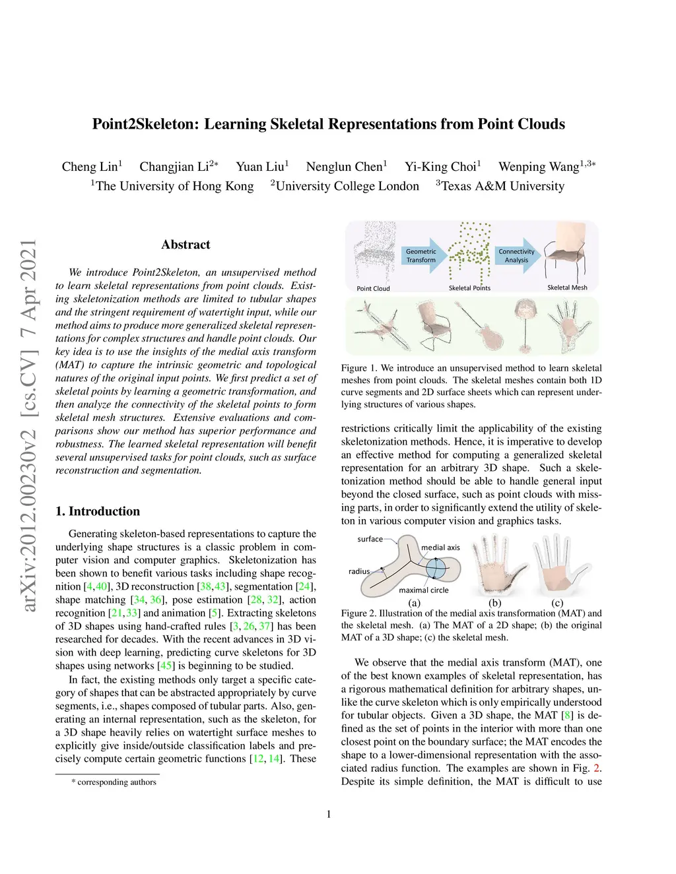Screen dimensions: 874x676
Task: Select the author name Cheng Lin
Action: point(90,167)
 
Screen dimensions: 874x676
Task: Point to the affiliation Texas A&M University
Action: point(502,186)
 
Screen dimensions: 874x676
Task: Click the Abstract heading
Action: point(186,245)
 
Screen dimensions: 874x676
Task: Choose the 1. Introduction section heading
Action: point(98,511)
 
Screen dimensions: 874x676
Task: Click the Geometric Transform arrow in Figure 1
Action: point(423,256)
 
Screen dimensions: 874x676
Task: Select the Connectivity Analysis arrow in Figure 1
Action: point(518,256)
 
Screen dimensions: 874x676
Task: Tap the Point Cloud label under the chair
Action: point(373,288)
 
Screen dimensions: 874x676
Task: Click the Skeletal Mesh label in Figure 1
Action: point(567,288)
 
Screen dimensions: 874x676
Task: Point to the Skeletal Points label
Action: point(469,288)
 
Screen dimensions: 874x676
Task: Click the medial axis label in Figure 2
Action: point(440,547)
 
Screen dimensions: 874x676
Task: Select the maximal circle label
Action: point(423,590)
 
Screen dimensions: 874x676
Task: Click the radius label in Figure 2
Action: point(359,571)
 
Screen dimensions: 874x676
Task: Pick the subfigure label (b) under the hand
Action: point(494,603)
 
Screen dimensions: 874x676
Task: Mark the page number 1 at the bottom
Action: point(329,814)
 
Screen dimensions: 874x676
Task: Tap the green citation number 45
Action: point(166,666)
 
